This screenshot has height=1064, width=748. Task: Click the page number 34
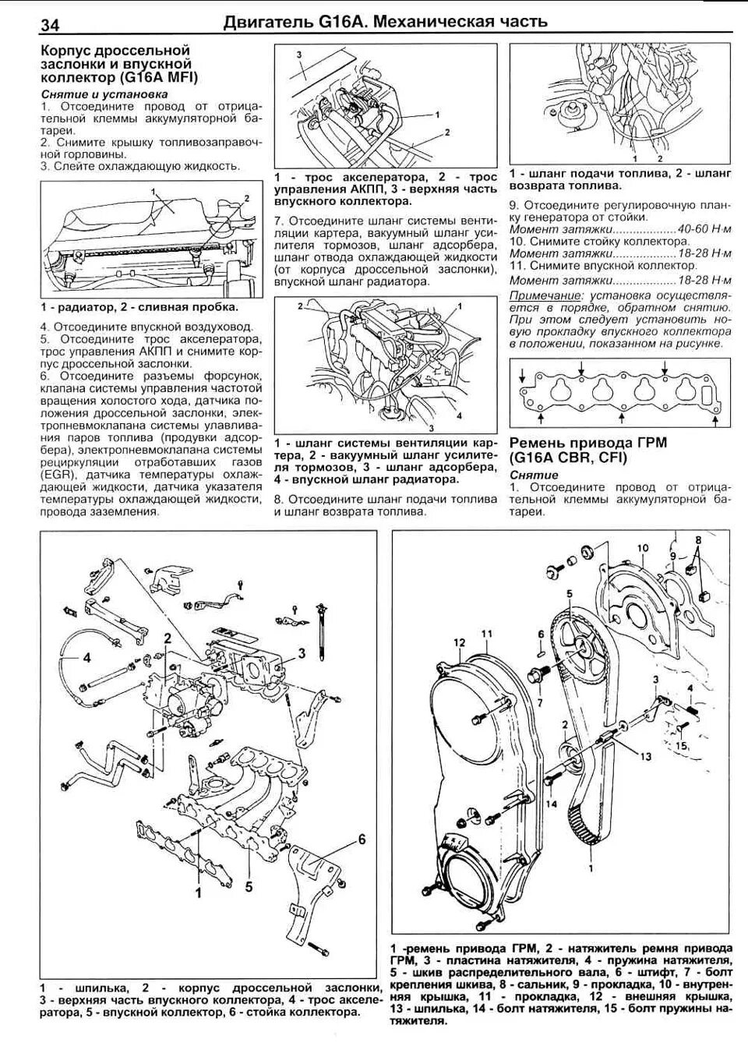(x=49, y=25)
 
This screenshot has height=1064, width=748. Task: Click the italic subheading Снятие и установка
(x=104, y=94)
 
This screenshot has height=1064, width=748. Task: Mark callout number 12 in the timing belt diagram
(x=460, y=642)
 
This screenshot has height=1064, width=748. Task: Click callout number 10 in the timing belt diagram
(x=642, y=548)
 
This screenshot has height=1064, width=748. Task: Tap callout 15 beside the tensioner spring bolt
(x=682, y=746)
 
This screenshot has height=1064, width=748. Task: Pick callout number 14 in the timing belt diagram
(x=552, y=804)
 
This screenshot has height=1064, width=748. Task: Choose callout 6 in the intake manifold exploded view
(x=362, y=839)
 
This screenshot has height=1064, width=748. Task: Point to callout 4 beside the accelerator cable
(x=87, y=657)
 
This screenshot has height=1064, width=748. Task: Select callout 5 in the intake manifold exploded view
(x=249, y=885)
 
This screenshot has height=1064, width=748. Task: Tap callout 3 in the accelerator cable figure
(x=298, y=53)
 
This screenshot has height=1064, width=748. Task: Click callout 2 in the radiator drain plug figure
(x=246, y=198)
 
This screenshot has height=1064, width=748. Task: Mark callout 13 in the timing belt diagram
(x=646, y=756)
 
